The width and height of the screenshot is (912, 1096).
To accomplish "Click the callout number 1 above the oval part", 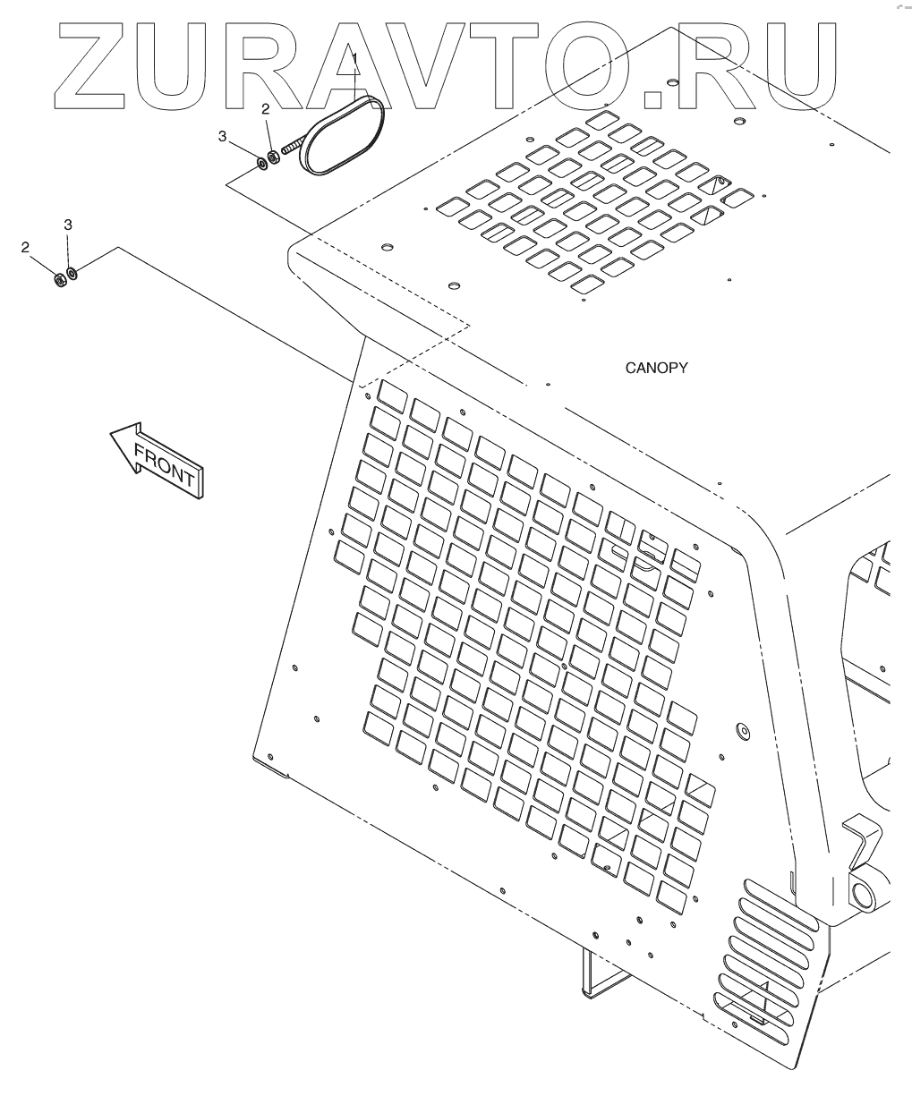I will tap(354, 59).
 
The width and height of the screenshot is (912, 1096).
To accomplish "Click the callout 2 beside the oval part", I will tap(266, 109).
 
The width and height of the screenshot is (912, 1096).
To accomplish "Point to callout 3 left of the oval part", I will tap(223, 135).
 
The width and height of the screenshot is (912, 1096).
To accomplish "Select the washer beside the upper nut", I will tap(260, 163).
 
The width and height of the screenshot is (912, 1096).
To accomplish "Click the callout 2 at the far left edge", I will tap(25, 247).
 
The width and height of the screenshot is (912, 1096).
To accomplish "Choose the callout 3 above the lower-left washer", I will tap(67, 225).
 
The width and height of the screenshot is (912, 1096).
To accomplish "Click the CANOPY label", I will tap(656, 368).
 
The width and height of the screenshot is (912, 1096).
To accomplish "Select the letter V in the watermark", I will tap(489, 64).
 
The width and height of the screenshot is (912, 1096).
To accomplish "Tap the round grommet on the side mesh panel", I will tap(741, 731).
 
